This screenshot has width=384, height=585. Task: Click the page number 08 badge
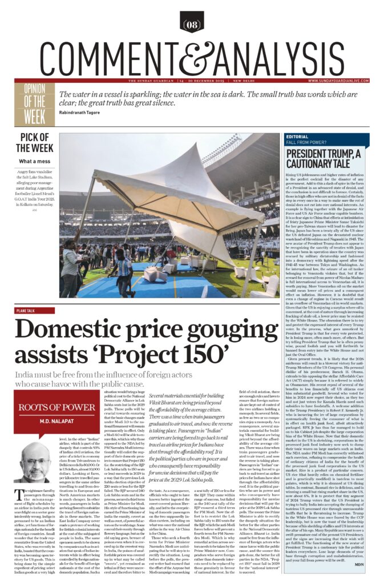point(192,24)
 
